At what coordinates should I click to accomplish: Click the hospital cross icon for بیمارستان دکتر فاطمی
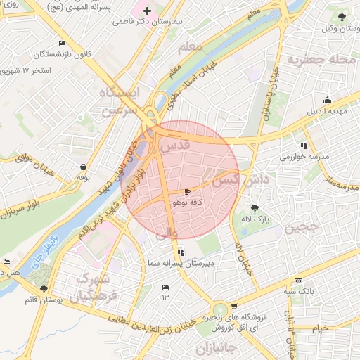point(147,11)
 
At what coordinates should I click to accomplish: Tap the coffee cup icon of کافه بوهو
point(187,191)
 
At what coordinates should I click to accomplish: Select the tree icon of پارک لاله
point(254,207)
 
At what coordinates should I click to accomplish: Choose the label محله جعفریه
point(324,60)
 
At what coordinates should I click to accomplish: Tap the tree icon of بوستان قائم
point(44,289)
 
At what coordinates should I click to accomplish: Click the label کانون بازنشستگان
point(56,54)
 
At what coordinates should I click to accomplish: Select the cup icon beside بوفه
point(84,167)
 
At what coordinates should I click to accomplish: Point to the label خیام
point(320,328)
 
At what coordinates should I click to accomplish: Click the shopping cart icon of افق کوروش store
point(233,307)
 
